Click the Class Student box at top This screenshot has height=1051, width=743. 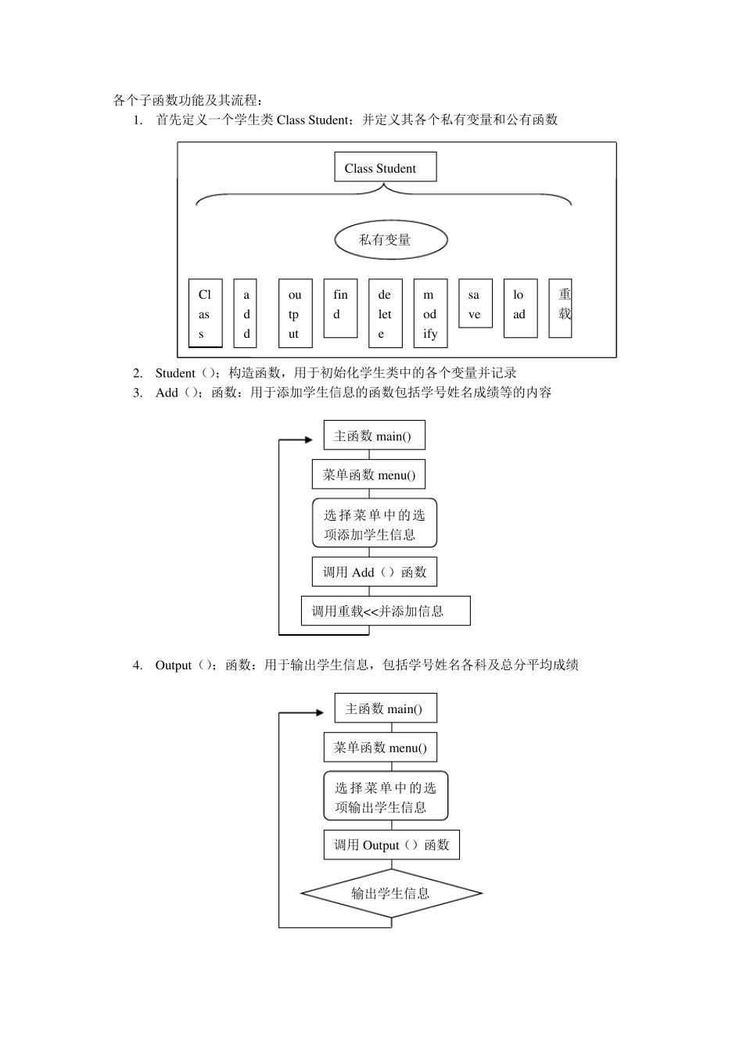pyautogui.click(x=385, y=167)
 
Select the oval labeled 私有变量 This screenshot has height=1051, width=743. pyautogui.click(x=390, y=240)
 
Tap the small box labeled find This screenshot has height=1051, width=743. pyautogui.click(x=340, y=308)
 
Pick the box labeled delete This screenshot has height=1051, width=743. pyautogui.click(x=385, y=313)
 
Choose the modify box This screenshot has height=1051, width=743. pyautogui.click(x=430, y=313)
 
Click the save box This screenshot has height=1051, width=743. pyautogui.click(x=475, y=303)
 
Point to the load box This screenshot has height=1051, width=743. pyautogui.click(x=520, y=308)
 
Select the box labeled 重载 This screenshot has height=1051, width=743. pyautogui.click(x=560, y=308)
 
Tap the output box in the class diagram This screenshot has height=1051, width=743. pyautogui.click(x=295, y=313)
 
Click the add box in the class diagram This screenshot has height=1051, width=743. pyautogui.click(x=246, y=313)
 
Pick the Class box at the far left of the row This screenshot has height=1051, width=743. pyautogui.click(x=205, y=313)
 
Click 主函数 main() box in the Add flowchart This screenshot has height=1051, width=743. pyautogui.click(x=374, y=436)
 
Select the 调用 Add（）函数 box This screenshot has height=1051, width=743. pyautogui.click(x=374, y=572)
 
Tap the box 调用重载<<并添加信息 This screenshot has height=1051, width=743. pyautogui.click(x=386, y=611)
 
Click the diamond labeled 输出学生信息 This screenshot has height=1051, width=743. pyautogui.click(x=391, y=893)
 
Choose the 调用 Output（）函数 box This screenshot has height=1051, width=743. pyautogui.click(x=391, y=845)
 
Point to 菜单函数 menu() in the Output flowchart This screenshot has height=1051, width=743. pyautogui.click(x=380, y=748)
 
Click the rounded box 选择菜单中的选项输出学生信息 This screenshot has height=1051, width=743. pyautogui.click(x=386, y=797)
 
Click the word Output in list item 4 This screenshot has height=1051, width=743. pyautogui.click(x=173, y=665)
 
